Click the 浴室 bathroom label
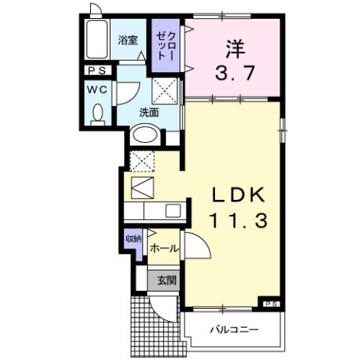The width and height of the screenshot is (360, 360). coord(128,41)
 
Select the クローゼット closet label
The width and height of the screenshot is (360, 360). coord(165,44)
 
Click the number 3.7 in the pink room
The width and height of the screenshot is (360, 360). coord(231,74)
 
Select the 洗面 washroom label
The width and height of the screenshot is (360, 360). coord(149,113)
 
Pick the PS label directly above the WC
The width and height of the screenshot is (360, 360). coord(97,71)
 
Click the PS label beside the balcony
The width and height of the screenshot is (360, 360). coord(271,303)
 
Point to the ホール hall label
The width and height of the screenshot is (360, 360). coord(164,248)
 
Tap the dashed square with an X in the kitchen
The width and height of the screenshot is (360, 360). coord(142,159)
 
